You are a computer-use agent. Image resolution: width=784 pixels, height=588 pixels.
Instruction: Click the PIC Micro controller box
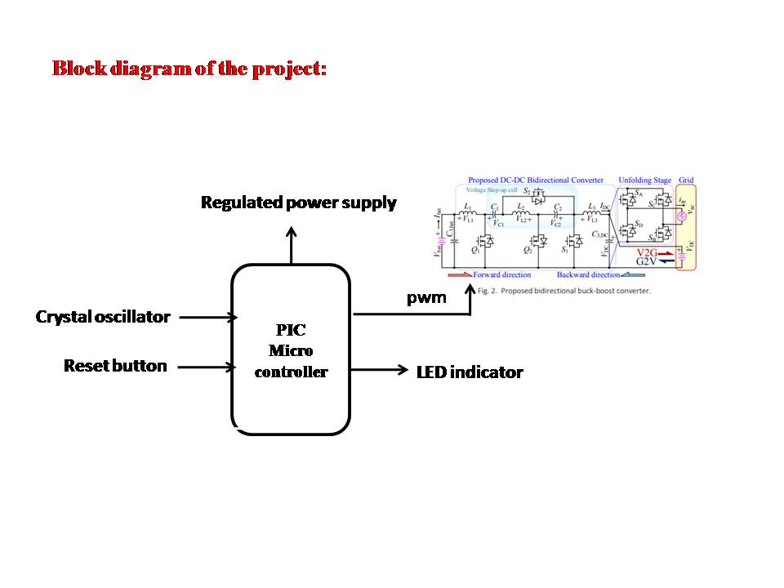coord(291,350)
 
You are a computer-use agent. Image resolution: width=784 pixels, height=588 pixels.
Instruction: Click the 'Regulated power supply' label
coord(298,203)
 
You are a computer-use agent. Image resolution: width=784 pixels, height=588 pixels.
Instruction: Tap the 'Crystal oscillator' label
coord(103,317)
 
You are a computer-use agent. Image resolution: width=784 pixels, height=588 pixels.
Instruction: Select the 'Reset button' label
coord(115,366)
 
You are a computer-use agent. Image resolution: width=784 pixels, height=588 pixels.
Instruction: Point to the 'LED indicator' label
coord(470,372)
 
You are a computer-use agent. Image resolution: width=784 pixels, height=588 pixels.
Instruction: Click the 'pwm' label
coord(426,297)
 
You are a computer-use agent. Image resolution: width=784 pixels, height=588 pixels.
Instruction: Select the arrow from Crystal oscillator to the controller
coord(205,317)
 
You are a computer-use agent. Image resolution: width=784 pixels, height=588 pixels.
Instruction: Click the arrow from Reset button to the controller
coord(205,367)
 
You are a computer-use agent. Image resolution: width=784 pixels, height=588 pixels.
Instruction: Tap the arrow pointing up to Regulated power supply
coord(292,244)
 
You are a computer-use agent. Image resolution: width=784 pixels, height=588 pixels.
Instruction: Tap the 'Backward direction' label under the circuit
coord(588,275)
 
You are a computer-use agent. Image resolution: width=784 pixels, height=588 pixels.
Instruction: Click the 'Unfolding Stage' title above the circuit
coord(644,180)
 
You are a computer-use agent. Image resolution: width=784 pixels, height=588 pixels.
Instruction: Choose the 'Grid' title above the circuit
coord(686,180)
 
